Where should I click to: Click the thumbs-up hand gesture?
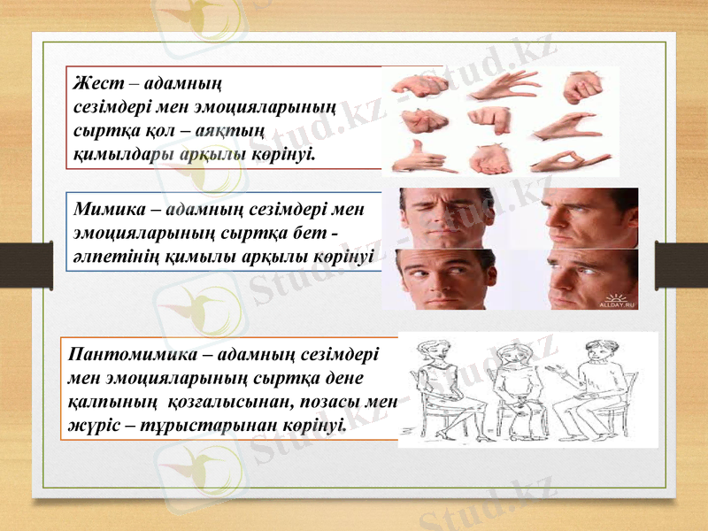[414, 158]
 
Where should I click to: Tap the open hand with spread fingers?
[504, 85]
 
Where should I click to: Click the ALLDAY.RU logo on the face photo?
[619, 302]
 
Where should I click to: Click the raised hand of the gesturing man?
[556, 366]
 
